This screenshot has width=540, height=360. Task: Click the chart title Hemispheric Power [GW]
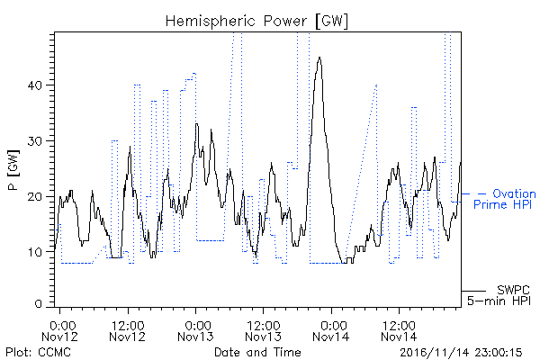256,22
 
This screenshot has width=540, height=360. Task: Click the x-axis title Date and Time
257,352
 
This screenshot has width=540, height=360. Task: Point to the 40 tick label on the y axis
34,85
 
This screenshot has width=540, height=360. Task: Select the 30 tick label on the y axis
34,141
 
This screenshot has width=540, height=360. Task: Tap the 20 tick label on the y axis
34,197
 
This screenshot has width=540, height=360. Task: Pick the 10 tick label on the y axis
35,252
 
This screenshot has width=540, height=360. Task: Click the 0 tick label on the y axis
39,304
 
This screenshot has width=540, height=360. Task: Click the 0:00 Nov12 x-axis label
60,331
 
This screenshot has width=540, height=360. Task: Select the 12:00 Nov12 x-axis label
128,331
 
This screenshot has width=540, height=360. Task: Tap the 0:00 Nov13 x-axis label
195,331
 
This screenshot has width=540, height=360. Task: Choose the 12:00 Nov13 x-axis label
263,331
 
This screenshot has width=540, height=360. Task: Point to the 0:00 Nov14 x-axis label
331,331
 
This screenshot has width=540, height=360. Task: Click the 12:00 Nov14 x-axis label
399,331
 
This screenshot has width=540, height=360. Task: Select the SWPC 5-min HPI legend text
499,295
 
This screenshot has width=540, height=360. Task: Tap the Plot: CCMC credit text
38,352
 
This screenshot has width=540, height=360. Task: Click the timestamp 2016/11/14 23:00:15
461,353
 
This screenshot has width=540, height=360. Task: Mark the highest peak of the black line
319,58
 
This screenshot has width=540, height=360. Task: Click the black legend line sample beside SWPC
473,291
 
